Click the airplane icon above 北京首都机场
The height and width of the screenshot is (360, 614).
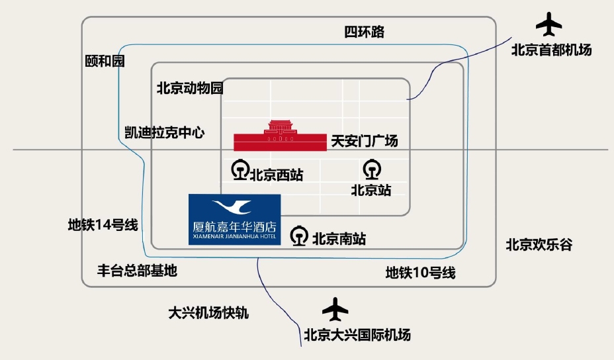[x=548, y=25]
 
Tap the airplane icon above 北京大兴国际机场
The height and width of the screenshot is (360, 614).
[x=335, y=308]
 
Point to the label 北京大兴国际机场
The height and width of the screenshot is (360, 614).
[x=357, y=335]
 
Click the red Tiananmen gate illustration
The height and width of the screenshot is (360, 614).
[x=281, y=137]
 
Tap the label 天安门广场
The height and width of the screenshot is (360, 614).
[x=365, y=141]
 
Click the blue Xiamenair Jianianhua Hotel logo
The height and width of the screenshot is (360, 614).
[x=234, y=219]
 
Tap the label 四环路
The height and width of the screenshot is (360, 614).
[x=364, y=32]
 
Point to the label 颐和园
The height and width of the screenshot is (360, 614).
[x=105, y=62]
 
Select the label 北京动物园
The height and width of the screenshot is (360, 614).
[x=189, y=88]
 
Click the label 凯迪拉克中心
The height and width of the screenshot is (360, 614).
[x=165, y=132]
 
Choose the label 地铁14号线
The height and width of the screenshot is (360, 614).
[x=103, y=225]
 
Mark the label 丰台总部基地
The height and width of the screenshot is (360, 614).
[x=137, y=270]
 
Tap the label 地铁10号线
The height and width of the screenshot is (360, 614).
[x=420, y=272]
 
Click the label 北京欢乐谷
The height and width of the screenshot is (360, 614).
[x=539, y=245]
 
